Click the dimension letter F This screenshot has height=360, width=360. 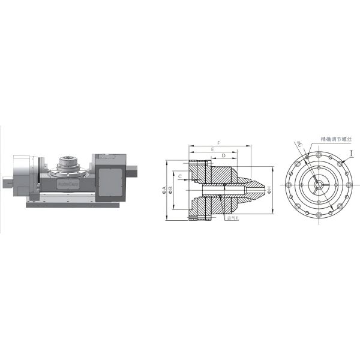(218, 143)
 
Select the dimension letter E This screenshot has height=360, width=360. (213, 149)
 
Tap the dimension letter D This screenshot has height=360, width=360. (223, 155)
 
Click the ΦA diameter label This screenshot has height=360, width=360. (164, 191)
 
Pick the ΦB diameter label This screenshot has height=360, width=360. (171, 191)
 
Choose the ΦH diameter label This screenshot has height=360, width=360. (271, 190)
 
